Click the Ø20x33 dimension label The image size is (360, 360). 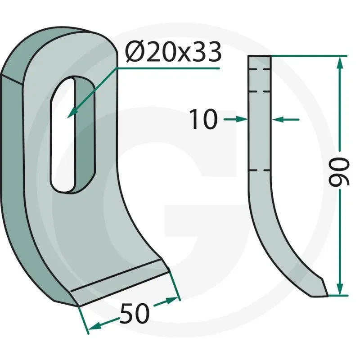173,52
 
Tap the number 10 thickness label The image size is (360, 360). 204,119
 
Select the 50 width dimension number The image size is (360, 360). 135,313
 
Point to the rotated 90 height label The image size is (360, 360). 339,171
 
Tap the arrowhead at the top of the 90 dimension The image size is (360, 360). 340,63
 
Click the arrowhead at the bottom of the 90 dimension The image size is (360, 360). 340,288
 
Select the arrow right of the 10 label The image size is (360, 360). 235,119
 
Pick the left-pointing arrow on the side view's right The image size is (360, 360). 285,119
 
